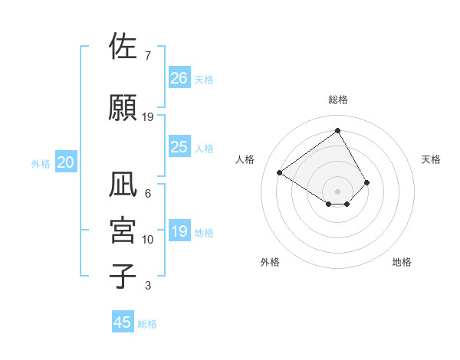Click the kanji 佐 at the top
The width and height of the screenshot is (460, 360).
123,47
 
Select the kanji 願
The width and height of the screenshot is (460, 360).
123,107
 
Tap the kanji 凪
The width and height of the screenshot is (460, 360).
123,185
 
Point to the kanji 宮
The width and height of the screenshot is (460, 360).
123,231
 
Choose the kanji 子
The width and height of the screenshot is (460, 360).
123,277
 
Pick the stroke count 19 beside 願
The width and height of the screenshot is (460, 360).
149,117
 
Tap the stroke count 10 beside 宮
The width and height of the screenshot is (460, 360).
148,240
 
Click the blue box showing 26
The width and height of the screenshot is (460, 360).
179,77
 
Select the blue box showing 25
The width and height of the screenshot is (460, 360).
179,147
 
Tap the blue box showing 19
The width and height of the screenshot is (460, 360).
179,231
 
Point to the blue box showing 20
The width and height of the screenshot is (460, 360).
66,162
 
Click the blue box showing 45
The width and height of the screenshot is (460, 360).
123,322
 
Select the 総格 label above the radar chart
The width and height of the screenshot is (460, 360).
337,100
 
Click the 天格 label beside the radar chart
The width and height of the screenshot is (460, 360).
431,159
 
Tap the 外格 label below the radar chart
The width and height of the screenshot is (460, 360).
270,262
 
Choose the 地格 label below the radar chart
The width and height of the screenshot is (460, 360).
402,262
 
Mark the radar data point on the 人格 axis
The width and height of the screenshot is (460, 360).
280,172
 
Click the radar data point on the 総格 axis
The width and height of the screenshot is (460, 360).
337,131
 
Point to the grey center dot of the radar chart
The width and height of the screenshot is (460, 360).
337,191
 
